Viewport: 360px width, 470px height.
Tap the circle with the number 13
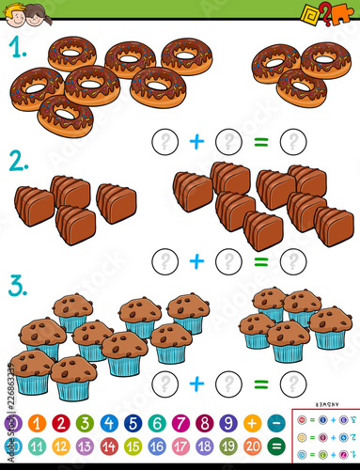click(85, 446)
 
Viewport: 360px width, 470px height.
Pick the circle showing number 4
click(109, 423)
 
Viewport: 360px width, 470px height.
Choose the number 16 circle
click(157, 446)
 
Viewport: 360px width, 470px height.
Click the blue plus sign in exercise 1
click(196, 142)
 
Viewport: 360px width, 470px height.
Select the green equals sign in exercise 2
click(261, 260)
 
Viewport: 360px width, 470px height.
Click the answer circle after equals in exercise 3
click(293, 383)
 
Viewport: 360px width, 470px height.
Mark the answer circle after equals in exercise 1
click(293, 142)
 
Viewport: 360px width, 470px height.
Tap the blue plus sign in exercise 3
click(196, 383)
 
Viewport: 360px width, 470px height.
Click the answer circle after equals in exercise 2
click(293, 260)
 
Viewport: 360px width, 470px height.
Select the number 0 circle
click(13, 423)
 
